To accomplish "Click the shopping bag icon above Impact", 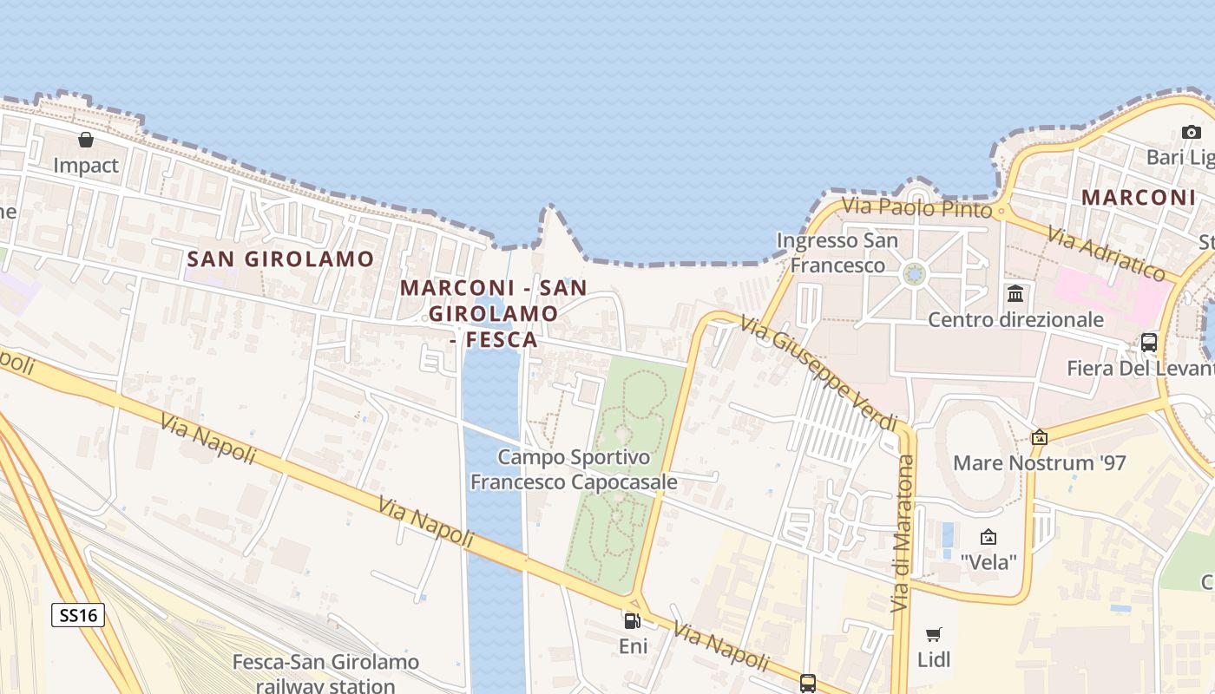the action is tap(85, 139).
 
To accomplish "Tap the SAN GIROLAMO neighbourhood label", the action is tap(280, 259).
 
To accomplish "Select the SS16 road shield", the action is tap(78, 615).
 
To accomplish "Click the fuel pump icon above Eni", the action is tap(632, 620).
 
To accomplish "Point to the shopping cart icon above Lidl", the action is tap(934, 634).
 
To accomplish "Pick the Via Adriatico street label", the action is tap(1107, 252).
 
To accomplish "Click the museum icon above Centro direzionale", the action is tap(1015, 293).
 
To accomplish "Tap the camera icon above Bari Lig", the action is tap(1191, 132).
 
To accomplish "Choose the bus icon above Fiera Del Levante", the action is tap(1149, 342).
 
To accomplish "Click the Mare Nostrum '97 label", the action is tap(1040, 462).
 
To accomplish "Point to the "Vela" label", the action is tap(988, 562).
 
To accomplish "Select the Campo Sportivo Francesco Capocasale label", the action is tap(574, 469).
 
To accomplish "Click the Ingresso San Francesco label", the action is tap(837, 252).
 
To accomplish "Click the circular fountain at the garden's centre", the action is tap(915, 275).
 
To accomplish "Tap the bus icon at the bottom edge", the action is tap(808, 683).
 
